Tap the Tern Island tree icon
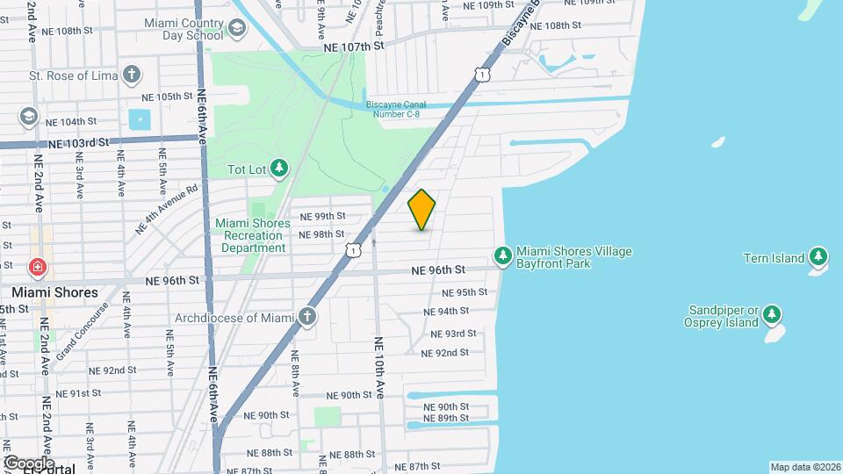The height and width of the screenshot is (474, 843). coord(818,257)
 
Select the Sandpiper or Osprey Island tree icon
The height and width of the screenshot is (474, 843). coord(772,314)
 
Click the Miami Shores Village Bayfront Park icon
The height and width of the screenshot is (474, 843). coord(503,256)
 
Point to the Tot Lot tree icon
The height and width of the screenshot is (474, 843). coord(279,168)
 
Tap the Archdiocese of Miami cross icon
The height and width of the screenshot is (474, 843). coord(307,316)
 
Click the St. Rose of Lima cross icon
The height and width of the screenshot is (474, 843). coord(132,74)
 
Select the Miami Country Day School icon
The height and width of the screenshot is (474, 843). coord(237,29)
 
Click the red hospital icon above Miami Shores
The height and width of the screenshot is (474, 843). coord(37,267)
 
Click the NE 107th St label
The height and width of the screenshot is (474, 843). coord(354,46)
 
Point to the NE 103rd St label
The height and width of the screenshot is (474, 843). coord(78,142)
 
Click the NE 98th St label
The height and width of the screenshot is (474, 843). coord(321,234)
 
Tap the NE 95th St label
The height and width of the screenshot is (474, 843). coord(465,292)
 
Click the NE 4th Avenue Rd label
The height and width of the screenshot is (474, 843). coord(168,209)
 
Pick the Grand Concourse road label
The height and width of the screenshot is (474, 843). coord(82,333)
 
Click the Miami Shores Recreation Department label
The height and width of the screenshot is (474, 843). coord(253,235)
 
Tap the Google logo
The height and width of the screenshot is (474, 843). coord(28,463)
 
